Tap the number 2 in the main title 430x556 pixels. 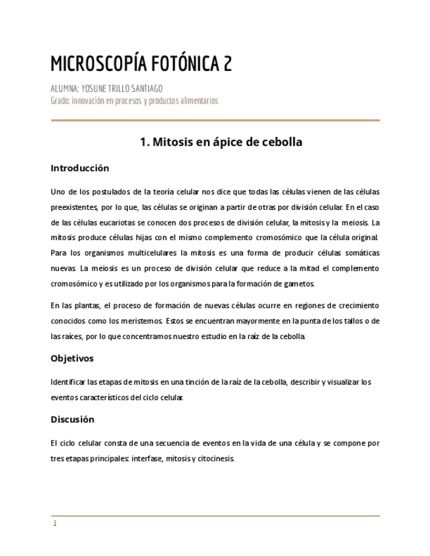(x=227, y=64)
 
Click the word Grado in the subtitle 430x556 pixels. (x=59, y=100)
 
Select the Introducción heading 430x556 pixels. (x=79, y=168)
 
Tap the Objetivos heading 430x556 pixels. (x=72, y=358)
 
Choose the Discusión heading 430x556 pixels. (x=72, y=419)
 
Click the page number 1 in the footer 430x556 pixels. (x=55, y=523)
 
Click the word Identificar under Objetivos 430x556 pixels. (x=68, y=382)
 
